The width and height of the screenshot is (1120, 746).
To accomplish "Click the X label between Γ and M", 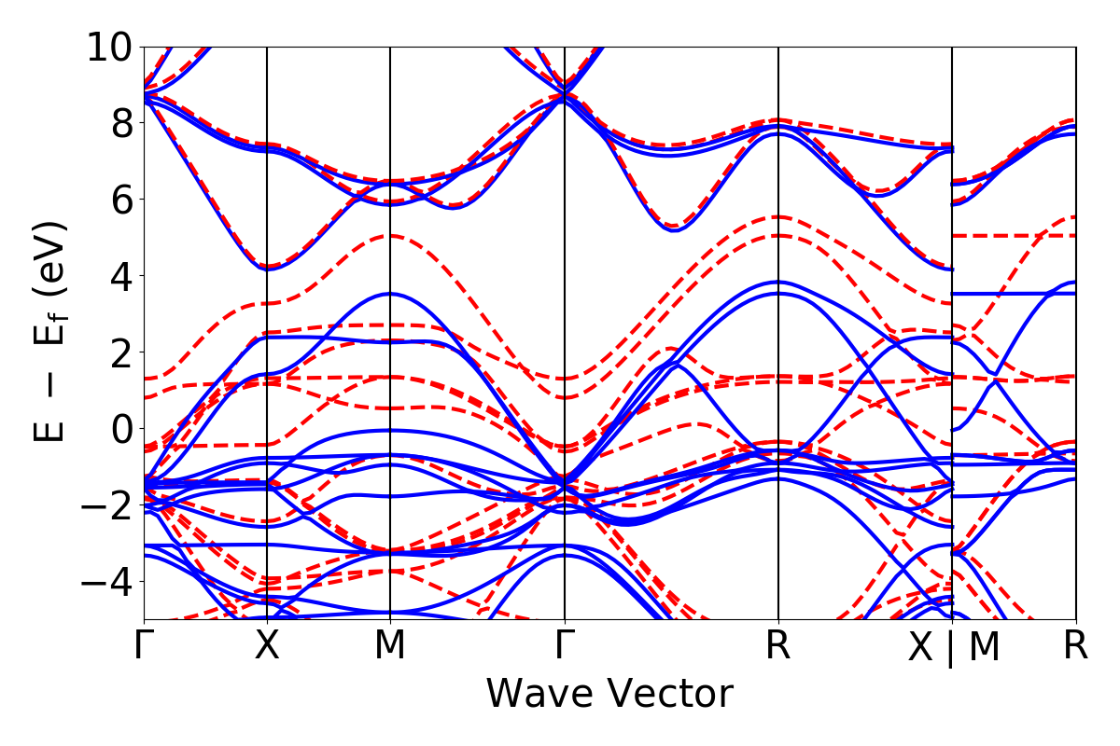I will pyautogui.click(x=268, y=646).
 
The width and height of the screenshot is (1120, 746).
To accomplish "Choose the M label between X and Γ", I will pyautogui.click(x=389, y=646).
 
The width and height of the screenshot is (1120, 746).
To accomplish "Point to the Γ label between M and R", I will pyautogui.click(x=564, y=646).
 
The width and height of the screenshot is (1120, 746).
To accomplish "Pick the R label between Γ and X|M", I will pyautogui.click(x=778, y=646).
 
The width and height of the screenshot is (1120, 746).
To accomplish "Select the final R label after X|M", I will pyautogui.click(x=1076, y=646).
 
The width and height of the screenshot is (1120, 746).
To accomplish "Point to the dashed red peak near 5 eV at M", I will pyautogui.click(x=390, y=236).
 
